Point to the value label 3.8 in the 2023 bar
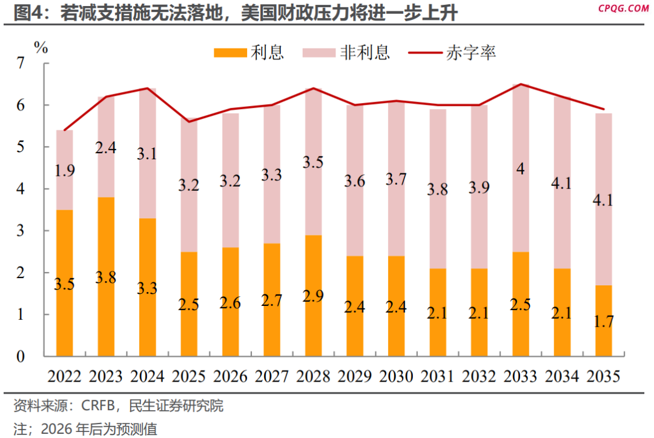(106, 278)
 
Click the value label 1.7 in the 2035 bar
(604, 321)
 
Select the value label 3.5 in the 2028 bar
(313, 162)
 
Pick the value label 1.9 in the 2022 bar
(65, 171)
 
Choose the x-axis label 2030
(396, 376)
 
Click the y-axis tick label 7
(21, 63)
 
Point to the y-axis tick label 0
(21, 357)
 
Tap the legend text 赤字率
(471, 53)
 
